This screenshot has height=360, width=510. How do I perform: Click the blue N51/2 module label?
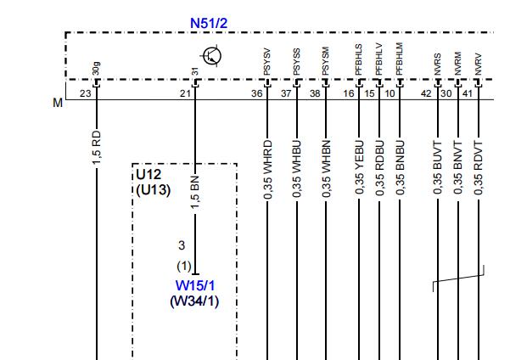pyautogui.click(x=209, y=23)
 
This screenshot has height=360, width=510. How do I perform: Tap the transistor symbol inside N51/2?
pyautogui.click(x=211, y=56)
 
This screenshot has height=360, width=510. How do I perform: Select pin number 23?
pyautogui.click(x=85, y=93)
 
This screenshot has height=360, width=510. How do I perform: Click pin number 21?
pyautogui.click(x=185, y=93)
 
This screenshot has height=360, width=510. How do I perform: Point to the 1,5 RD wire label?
pyautogui.click(x=97, y=148)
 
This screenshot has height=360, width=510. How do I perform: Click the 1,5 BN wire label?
pyautogui.click(x=195, y=193)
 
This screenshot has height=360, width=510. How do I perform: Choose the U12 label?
pyautogui.click(x=149, y=175)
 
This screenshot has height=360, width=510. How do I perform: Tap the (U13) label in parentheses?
pyautogui.click(x=154, y=190)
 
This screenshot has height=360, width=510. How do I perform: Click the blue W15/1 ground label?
pyautogui.click(x=195, y=286)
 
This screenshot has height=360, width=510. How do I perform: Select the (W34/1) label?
pyautogui.click(x=194, y=301)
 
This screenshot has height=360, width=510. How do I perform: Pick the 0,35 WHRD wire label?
pyautogui.click(x=267, y=170)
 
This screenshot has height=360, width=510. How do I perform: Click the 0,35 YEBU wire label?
pyautogui.click(x=359, y=167)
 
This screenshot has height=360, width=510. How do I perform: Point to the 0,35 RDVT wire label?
pyautogui.click(x=479, y=168)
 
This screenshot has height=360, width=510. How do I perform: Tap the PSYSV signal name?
pyautogui.click(x=266, y=62)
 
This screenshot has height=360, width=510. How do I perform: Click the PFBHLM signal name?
pyautogui.click(x=400, y=59)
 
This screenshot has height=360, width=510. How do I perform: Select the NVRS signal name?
pyautogui.click(x=438, y=65)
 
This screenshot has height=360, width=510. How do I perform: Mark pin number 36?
pyautogui.click(x=256, y=93)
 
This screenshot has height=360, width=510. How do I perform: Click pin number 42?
pyautogui.click(x=426, y=93)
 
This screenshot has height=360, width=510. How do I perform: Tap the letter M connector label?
pyautogui.click(x=58, y=103)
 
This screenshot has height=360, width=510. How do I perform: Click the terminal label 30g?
pyautogui.click(x=97, y=69)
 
